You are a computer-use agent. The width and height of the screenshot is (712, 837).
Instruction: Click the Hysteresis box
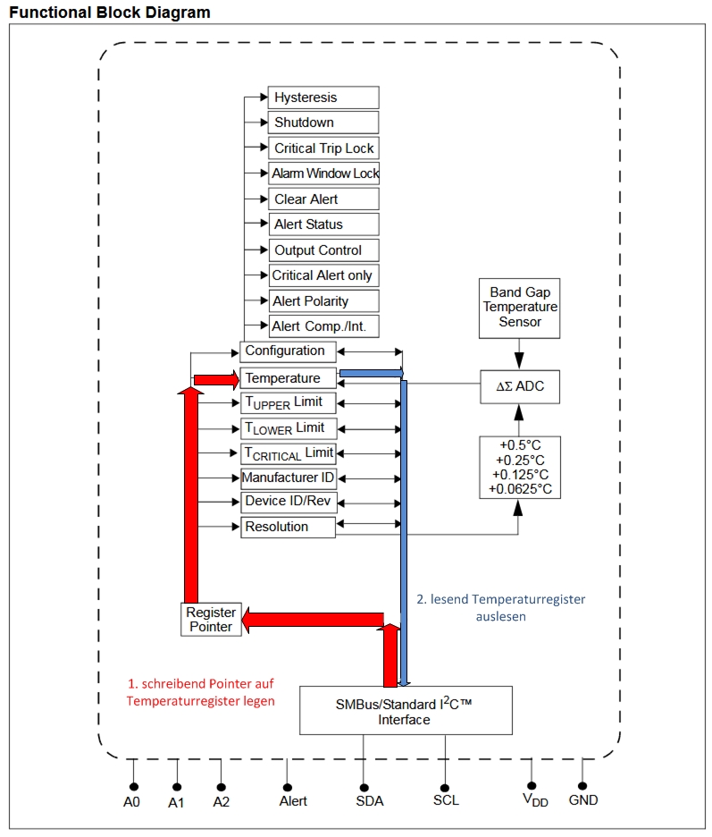(322, 97)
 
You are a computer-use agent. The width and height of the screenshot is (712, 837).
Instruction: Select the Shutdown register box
(322, 123)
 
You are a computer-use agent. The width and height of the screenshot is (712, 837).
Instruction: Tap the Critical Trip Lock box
(322, 148)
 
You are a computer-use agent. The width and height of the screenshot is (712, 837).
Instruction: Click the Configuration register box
(288, 351)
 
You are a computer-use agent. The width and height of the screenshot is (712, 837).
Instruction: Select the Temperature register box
(288, 378)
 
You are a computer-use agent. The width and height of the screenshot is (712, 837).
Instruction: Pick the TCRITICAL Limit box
(288, 453)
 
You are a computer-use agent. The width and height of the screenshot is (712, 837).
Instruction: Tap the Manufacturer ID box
(288, 478)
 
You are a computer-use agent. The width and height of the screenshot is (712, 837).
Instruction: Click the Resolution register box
(288, 528)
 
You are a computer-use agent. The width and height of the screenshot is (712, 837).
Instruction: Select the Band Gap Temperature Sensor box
(520, 308)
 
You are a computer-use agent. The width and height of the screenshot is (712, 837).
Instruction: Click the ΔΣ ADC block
(520, 386)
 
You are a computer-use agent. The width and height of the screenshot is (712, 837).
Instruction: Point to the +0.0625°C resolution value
(520, 489)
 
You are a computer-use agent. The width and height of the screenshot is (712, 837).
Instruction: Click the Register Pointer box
(211, 620)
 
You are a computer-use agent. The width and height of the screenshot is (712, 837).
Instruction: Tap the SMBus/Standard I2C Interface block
(405, 711)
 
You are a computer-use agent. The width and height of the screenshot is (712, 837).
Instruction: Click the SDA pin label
(369, 800)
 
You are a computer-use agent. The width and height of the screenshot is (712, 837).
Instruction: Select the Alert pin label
(293, 801)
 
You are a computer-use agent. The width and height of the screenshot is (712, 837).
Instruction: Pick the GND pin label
(583, 799)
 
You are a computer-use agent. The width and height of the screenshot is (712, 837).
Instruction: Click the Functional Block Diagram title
(110, 13)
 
